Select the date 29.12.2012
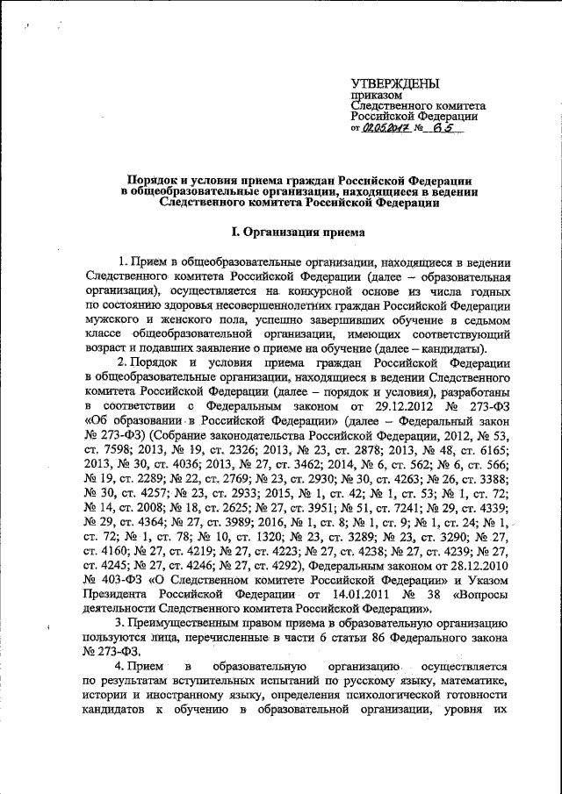tap(397, 408)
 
